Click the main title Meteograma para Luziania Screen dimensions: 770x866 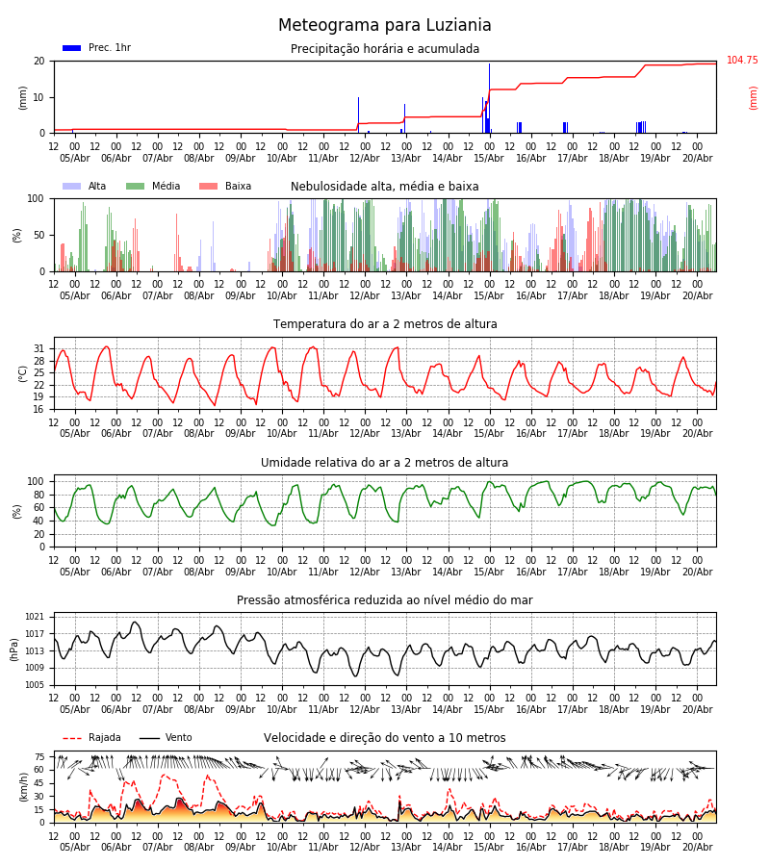(x=384, y=25)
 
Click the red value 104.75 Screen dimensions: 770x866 (x=742, y=61)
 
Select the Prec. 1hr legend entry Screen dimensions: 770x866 (x=96, y=48)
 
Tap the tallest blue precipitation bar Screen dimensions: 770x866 (x=489, y=98)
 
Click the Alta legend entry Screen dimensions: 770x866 (x=84, y=186)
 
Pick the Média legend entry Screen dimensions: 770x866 (x=153, y=186)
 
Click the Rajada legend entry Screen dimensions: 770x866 (x=91, y=738)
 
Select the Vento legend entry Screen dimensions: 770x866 (x=166, y=738)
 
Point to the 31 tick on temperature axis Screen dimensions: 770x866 (x=38, y=349)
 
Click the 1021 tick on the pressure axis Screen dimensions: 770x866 (x=35, y=617)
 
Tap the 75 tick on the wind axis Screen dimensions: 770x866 (x=39, y=757)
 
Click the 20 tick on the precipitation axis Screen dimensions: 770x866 (x=39, y=62)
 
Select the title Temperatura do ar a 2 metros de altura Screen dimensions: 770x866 (x=385, y=324)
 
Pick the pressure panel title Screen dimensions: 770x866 (x=385, y=600)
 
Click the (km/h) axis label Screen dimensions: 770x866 (x=24, y=786)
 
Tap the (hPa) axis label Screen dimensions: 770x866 (x=14, y=649)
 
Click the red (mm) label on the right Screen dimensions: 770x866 (x=753, y=98)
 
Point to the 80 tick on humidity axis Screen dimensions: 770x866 (x=38, y=495)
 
